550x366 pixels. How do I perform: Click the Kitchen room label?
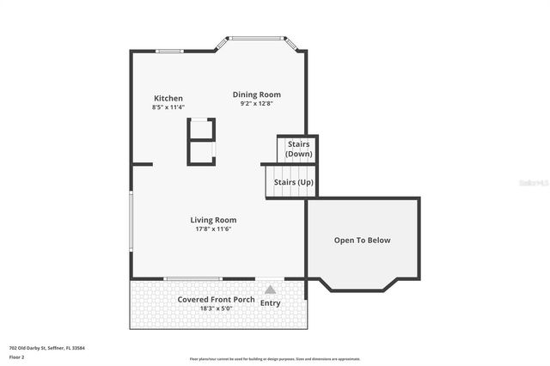point(168,98)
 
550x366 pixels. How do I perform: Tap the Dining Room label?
point(257,95)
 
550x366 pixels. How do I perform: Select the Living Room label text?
point(213,220)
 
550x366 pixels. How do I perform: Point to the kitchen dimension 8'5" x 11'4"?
point(168,107)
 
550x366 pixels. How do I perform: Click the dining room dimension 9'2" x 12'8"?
point(257,104)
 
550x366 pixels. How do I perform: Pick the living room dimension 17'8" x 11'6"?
point(213,229)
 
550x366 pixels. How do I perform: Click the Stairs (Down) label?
point(298,149)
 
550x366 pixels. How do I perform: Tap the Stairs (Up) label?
point(292,182)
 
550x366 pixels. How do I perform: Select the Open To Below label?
point(362,241)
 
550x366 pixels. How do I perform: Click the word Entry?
point(270,302)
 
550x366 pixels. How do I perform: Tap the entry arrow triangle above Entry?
point(270,290)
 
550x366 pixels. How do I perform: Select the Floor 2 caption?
point(16,356)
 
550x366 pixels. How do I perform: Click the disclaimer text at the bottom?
point(275,358)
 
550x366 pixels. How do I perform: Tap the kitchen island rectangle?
point(201,141)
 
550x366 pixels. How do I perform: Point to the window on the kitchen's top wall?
point(169,52)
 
